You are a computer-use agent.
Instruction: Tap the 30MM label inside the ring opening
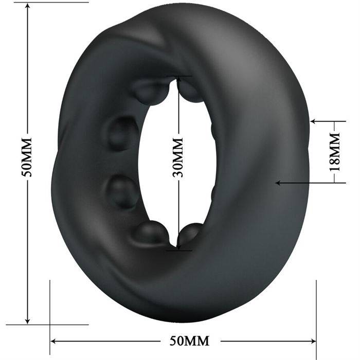tap(178, 158)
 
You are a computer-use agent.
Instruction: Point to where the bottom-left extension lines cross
tap(50, 325)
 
